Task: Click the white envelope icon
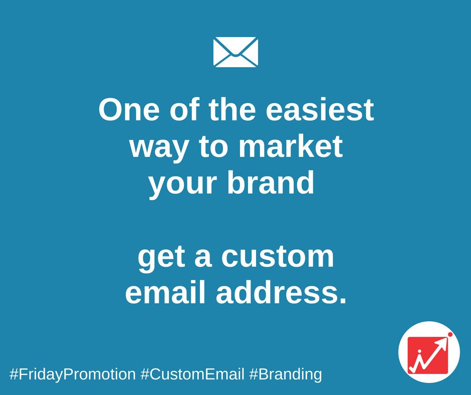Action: point(235,52)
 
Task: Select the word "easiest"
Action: point(320,110)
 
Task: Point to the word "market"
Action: point(291,147)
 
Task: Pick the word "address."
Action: point(281,293)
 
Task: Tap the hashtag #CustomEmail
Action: point(192,374)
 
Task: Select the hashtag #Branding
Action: point(285,374)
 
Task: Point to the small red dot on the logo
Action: point(450,334)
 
